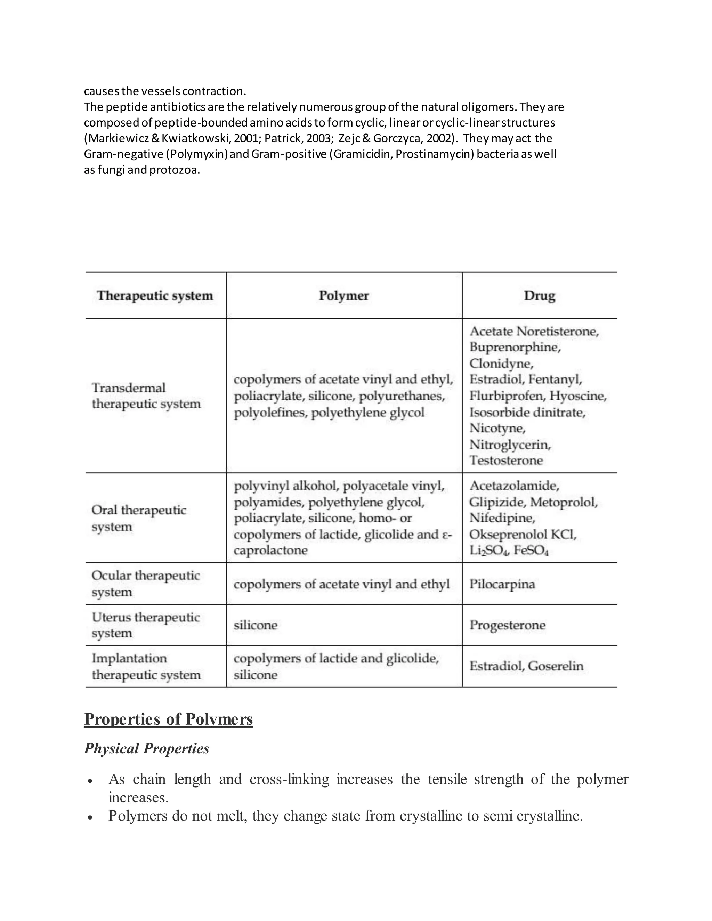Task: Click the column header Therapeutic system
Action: point(155,296)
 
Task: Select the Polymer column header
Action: point(344,296)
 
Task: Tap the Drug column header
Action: point(540,296)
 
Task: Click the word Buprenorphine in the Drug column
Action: point(515,347)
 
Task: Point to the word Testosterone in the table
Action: point(506,460)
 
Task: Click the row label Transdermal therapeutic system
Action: point(146,396)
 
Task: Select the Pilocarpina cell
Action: point(502,584)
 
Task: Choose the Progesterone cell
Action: point(508,625)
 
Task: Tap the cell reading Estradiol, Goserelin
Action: point(526,666)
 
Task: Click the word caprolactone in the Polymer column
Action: point(270,550)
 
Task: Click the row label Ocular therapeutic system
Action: point(146,583)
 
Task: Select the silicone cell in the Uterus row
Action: point(255,625)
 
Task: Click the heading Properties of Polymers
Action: point(168,719)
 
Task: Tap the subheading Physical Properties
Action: point(146,749)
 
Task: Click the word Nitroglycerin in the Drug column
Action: point(510,445)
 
